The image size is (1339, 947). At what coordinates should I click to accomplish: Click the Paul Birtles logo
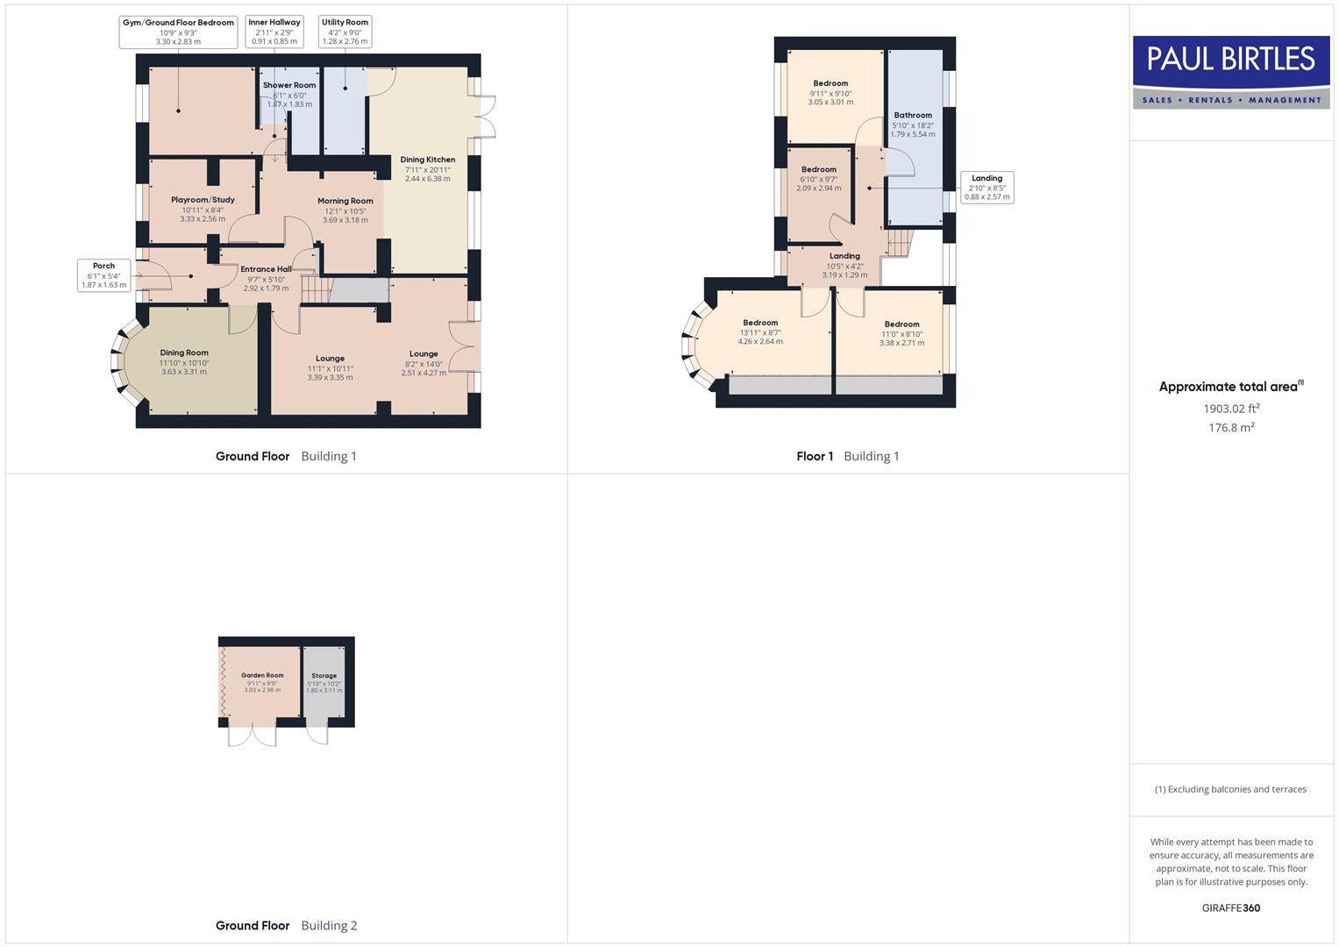pyautogui.click(x=1231, y=72)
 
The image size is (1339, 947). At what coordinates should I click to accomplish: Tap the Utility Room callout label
pyautogui.click(x=345, y=32)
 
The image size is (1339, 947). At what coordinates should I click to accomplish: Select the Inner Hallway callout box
pyautogui.click(x=274, y=32)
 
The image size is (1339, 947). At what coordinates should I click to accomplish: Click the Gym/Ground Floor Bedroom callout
pyautogui.click(x=178, y=32)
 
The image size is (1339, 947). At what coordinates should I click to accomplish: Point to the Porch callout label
pyautogui.click(x=103, y=275)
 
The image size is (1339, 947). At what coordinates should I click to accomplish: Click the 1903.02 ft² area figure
pyautogui.click(x=1231, y=409)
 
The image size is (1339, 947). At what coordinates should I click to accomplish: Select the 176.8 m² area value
pyautogui.click(x=1231, y=428)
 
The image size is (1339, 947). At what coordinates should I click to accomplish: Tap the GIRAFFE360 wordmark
pyautogui.click(x=1230, y=908)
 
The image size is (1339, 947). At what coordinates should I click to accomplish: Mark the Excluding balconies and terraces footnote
pyautogui.click(x=1230, y=789)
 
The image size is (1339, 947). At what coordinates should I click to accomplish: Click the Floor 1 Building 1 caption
pyautogui.click(x=847, y=456)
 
